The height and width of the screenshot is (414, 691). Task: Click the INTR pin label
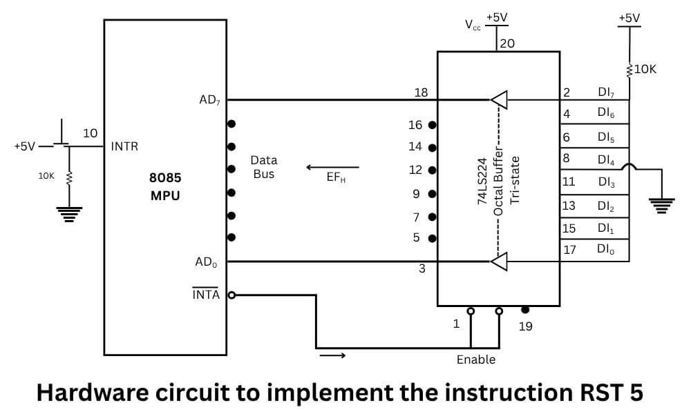click(x=125, y=146)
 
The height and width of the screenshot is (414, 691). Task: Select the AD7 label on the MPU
click(x=210, y=101)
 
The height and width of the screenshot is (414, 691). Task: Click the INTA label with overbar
click(x=205, y=295)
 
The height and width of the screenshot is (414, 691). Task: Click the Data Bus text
click(x=263, y=168)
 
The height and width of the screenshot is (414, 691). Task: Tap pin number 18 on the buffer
click(x=421, y=92)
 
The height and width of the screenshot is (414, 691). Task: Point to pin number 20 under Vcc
click(x=507, y=43)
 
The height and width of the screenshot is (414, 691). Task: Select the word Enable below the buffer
click(x=476, y=359)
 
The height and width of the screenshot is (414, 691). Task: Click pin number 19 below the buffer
click(x=525, y=326)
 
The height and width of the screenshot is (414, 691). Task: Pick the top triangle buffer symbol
click(x=500, y=100)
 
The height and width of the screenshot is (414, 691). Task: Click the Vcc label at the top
click(x=473, y=26)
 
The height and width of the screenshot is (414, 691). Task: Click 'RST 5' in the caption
click(x=609, y=393)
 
